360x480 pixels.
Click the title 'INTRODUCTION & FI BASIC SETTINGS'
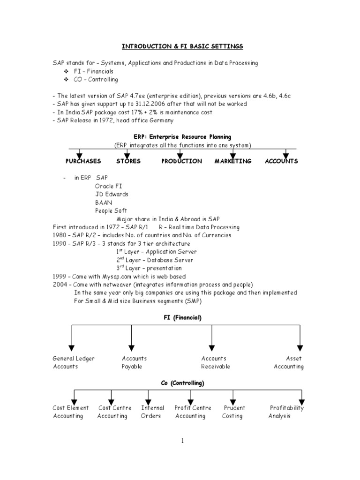tap(183, 46)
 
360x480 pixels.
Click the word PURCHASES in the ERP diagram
tap(83, 161)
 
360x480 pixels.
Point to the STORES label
tap(128, 161)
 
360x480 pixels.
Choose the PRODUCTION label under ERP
tap(182, 161)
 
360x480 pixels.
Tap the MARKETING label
tap(233, 161)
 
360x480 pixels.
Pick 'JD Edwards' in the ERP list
tap(112, 194)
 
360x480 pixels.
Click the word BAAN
tap(104, 202)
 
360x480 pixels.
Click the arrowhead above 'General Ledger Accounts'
tap(71, 348)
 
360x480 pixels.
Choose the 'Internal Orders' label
tap(151, 412)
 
